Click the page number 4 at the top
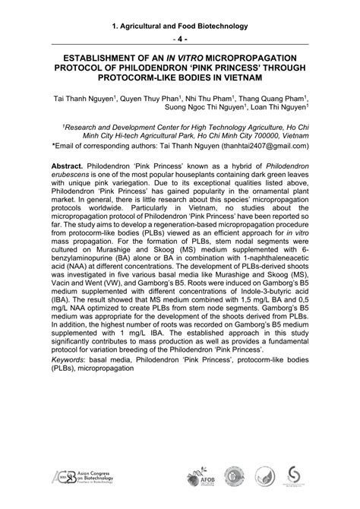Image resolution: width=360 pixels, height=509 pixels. (180, 39)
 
